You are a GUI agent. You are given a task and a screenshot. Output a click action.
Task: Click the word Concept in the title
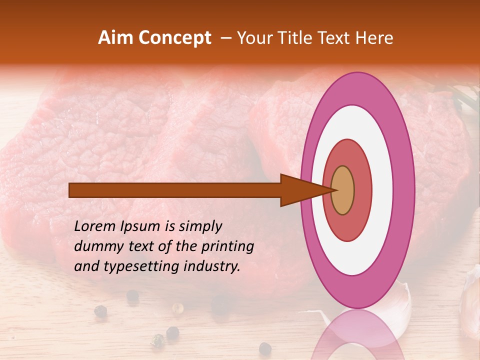pyautogui.click(x=174, y=38)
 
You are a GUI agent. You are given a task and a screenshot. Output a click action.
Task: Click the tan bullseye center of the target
pyautogui.click(x=342, y=190)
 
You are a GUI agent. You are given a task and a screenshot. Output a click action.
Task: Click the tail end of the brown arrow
pyautogui.click(x=70, y=190)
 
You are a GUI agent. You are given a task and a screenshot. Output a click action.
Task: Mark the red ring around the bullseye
pyautogui.click(x=362, y=190)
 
